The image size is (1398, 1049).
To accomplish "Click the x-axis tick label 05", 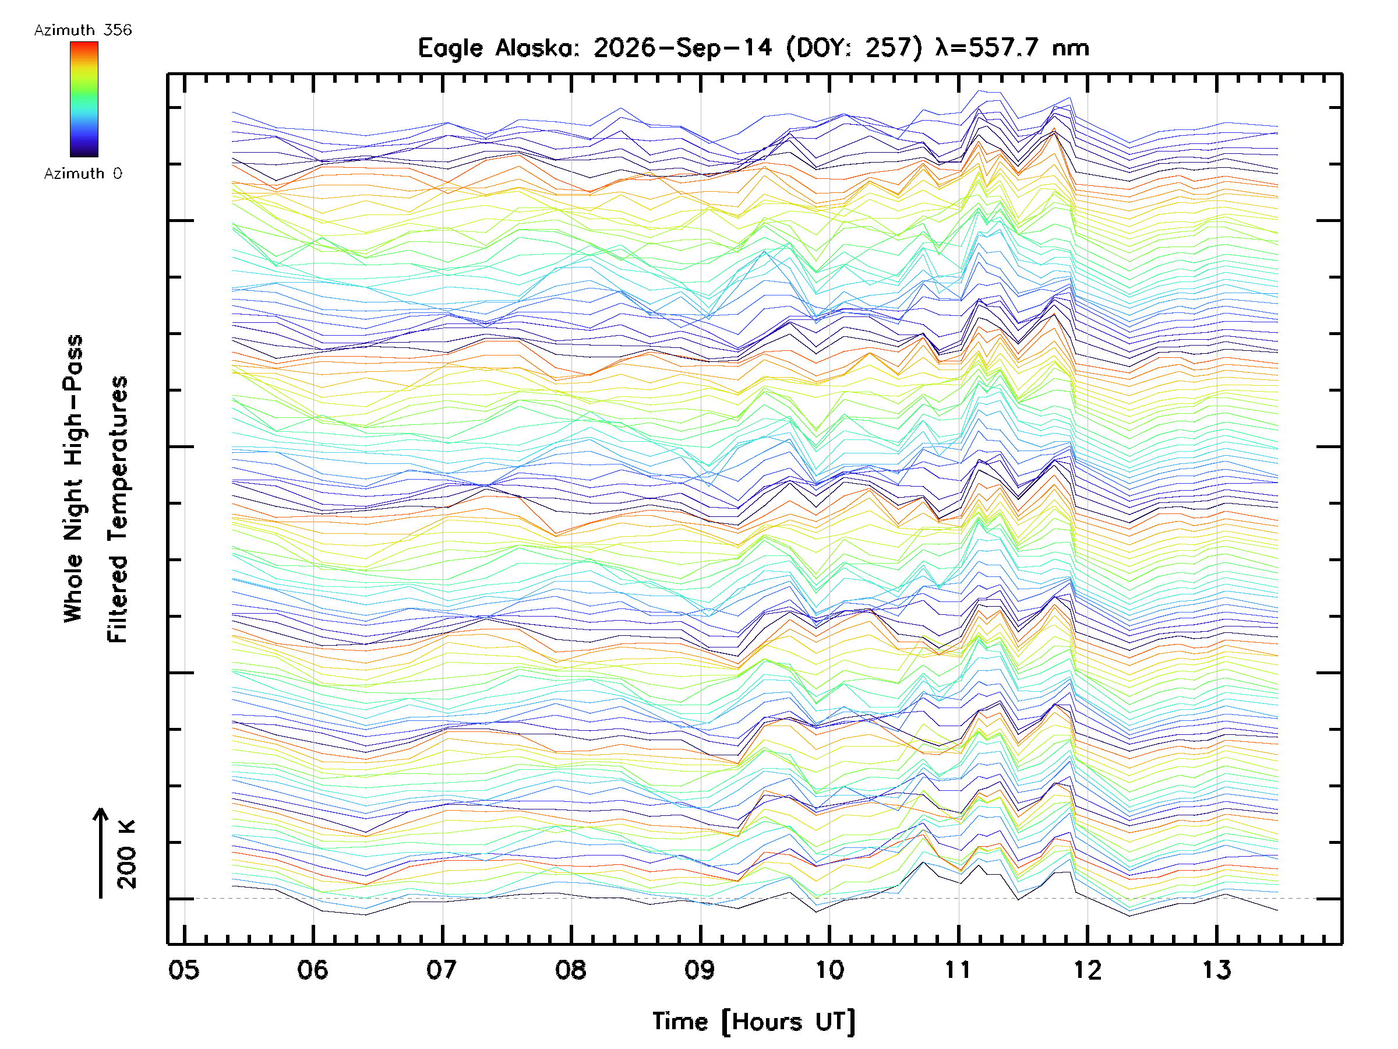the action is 184,970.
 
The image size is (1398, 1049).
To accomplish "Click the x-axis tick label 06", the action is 313,970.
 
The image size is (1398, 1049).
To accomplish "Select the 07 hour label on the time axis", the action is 442,970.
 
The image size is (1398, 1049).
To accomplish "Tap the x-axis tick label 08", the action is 571,970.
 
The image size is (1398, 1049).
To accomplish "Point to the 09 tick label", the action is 700,970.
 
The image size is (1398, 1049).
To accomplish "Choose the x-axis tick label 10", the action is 829,970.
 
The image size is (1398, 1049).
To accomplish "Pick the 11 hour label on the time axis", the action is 958,970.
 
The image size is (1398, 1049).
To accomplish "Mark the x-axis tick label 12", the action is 1087,970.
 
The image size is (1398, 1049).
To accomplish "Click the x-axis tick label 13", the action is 1217,970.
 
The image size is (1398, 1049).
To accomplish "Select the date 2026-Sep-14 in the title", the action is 683,47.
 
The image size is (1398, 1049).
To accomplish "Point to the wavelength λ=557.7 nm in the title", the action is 1012,47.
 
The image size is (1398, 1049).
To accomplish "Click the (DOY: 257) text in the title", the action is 854,48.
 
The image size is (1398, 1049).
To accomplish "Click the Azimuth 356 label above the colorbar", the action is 83,30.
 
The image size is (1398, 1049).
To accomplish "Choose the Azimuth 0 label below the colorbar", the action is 83,173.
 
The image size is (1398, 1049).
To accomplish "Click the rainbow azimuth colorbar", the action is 84,99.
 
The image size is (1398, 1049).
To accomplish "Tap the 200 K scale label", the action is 127,854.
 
